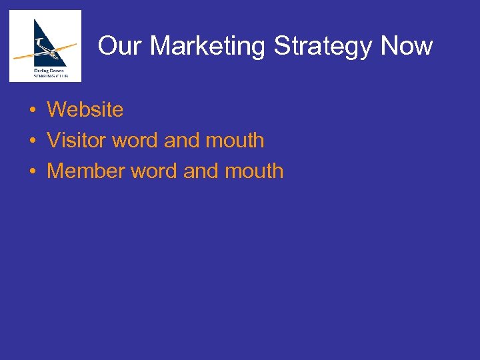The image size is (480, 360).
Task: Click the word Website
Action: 85,109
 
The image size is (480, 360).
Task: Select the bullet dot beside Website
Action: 32,110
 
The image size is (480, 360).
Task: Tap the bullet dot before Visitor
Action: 32,141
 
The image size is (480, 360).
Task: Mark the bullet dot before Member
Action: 32,171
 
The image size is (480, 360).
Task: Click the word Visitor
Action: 77,140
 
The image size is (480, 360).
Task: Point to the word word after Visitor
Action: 135,140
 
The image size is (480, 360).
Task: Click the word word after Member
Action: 155,171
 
